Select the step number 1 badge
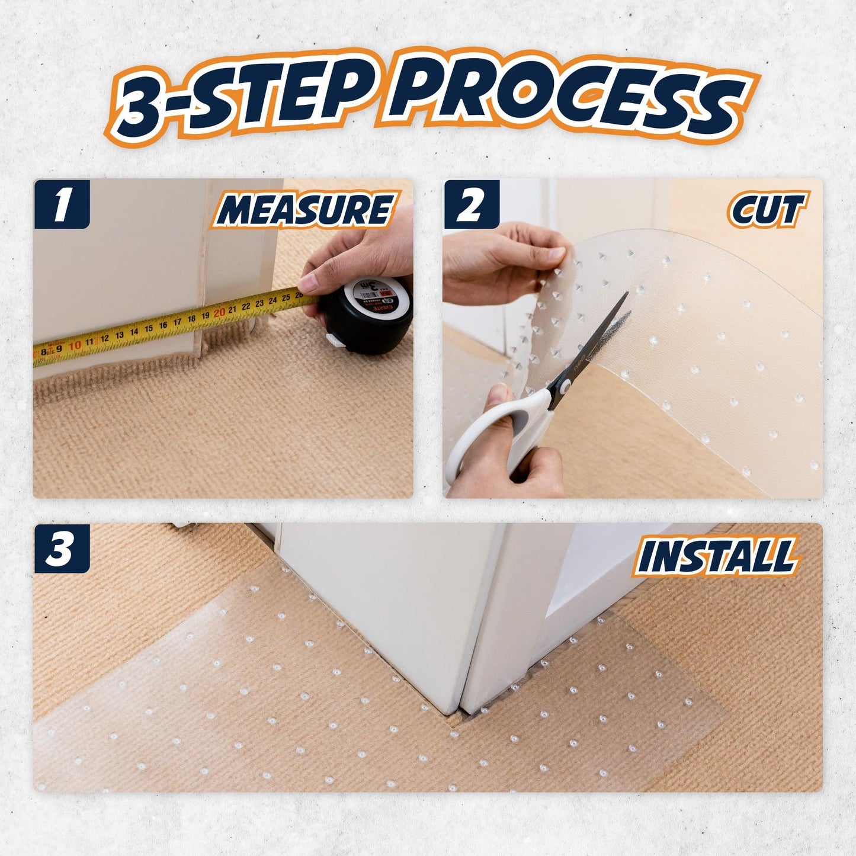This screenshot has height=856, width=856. [62, 204]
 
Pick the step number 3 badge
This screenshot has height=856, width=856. [62, 548]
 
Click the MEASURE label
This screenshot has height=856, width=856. [304, 210]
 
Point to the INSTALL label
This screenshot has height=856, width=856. [715, 555]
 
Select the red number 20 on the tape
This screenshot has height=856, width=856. [219, 313]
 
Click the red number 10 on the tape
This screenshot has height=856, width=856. [75, 345]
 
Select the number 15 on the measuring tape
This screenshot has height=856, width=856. [149, 329]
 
